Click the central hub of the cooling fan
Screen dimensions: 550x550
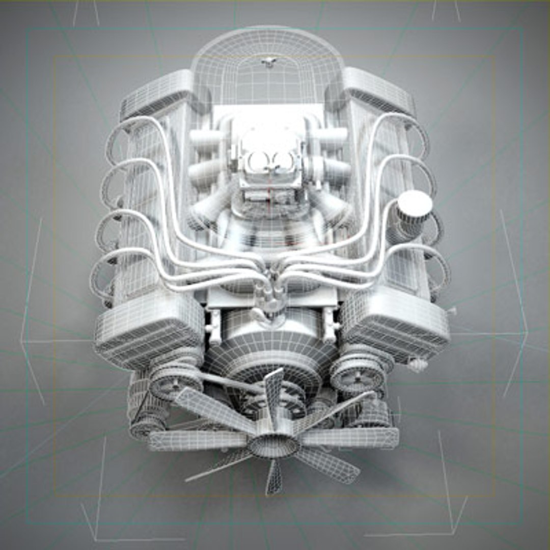pos(273,445)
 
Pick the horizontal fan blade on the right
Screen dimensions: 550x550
pos(351,437)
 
